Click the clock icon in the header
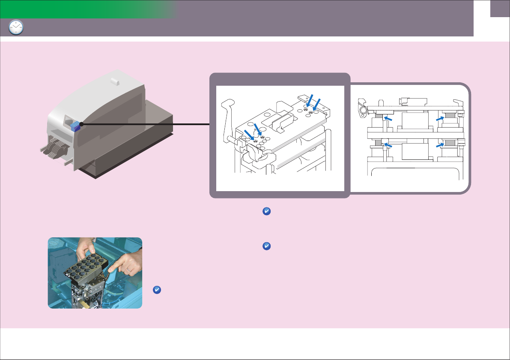pyautogui.click(x=16, y=28)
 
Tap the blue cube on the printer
pyautogui.click(x=75, y=126)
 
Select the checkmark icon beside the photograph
pyautogui.click(x=157, y=290)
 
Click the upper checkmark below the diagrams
pyautogui.click(x=265, y=211)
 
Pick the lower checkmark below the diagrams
pyautogui.click(x=265, y=246)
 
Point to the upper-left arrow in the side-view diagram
pyautogui.click(x=388, y=118)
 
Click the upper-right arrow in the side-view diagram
pyautogui.click(x=441, y=118)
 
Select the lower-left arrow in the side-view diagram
pyautogui.click(x=388, y=146)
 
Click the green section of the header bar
pyautogui.click(x=86, y=9)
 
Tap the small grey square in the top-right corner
pyautogui.click(x=500, y=9)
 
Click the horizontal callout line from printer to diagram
pyautogui.click(x=146, y=124)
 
